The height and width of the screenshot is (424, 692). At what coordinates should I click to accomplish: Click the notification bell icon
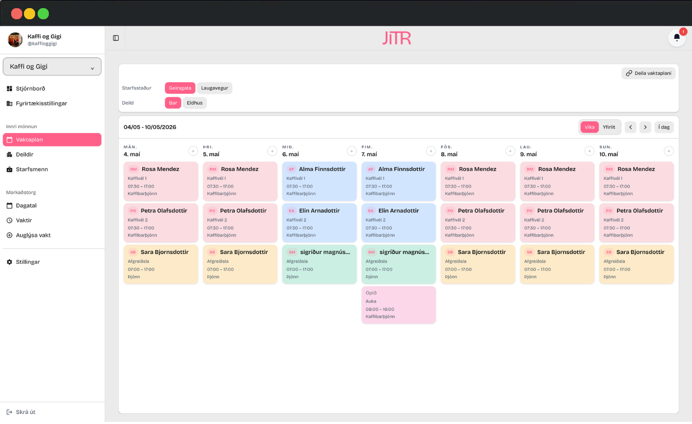point(677,38)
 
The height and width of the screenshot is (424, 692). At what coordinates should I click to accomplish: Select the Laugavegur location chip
point(215,88)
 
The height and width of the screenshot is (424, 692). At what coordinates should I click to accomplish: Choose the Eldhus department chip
point(194,103)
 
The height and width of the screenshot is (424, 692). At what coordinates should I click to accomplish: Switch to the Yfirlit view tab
point(608,127)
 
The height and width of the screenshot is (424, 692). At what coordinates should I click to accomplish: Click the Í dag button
point(664,127)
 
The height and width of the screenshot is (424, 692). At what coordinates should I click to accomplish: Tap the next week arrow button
point(645,127)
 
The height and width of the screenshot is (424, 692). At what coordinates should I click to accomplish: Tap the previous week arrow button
point(630,127)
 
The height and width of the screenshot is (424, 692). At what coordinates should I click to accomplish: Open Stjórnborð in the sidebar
point(30,89)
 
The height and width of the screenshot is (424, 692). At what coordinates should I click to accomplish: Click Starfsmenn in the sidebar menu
point(32,169)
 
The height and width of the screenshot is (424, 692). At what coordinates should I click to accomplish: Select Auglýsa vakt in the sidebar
point(33,235)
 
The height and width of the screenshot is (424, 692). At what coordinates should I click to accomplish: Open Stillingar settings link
point(28,262)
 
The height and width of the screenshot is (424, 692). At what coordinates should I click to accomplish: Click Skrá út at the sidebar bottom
point(25,412)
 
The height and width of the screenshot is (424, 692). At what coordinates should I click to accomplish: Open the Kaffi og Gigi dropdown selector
point(52,66)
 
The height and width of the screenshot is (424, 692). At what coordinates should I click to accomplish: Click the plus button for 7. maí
point(431,151)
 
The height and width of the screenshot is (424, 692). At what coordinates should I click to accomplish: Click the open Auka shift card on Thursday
point(399,305)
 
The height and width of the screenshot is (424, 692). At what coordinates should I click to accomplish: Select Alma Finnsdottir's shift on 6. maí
point(319,181)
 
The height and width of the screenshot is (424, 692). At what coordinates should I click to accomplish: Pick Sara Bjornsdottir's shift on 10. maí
point(636,264)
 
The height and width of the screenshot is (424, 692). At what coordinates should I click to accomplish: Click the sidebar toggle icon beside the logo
point(116,38)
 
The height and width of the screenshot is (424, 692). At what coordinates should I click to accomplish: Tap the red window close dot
point(17,14)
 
